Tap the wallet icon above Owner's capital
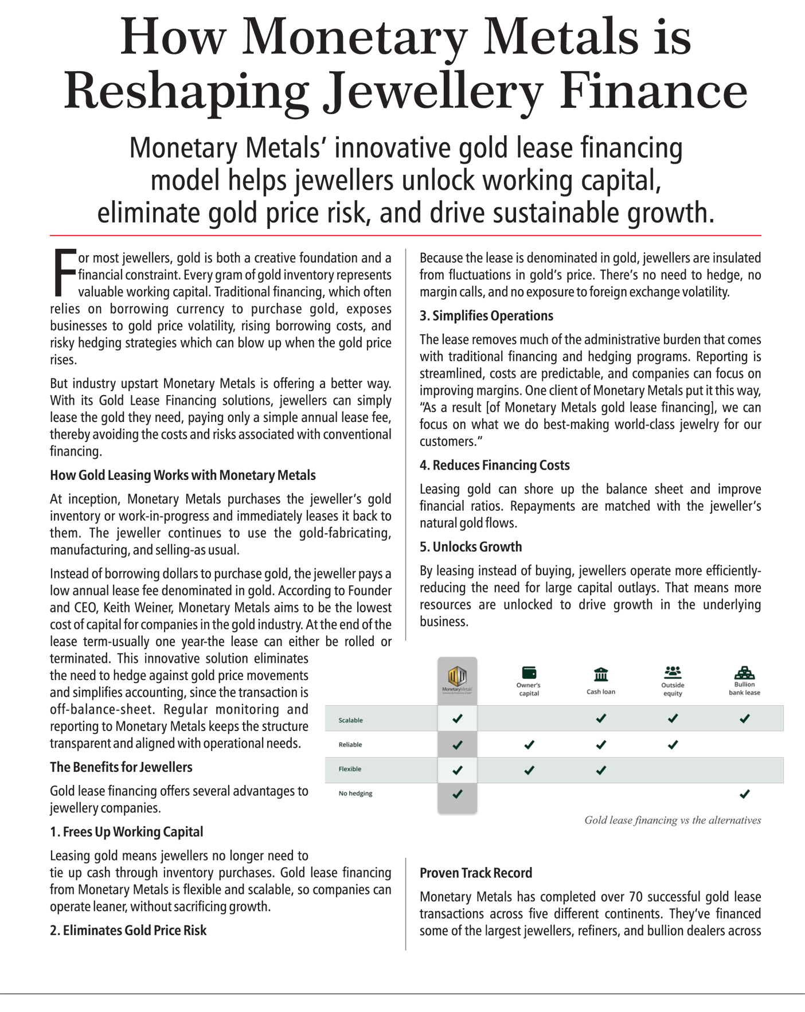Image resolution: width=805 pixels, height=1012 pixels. pos(529,672)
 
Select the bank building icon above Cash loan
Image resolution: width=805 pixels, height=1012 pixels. pos(600,674)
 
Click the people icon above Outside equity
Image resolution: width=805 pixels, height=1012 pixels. pos(673,671)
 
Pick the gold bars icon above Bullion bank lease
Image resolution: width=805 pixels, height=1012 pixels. pos(744,672)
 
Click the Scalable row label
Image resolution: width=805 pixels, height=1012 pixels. pos(350,720)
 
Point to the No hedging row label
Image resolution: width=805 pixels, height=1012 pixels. pos(355,794)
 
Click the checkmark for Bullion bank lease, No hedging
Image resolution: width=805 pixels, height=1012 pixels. pos(744,794)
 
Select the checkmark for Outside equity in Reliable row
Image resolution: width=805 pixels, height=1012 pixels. pos(673,745)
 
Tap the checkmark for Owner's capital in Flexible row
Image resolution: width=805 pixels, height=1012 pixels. pos(529,770)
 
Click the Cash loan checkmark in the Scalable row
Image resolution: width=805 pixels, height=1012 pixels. pos(600,718)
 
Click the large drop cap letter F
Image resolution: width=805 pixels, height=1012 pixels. pos(64,272)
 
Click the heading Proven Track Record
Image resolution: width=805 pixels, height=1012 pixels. pos(475,873)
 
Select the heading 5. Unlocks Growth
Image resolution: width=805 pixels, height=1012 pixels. pos(470,546)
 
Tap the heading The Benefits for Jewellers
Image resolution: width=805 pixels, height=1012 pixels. pos(121,767)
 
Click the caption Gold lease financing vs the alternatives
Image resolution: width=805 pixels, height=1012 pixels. pos(672,820)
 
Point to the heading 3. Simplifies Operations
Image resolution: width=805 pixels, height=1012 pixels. pos(486,316)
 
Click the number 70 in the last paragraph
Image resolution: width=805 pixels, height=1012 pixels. pos(635,897)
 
